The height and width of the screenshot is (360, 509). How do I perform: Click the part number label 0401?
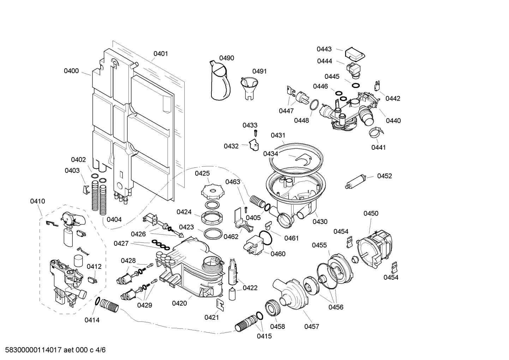point(161,54)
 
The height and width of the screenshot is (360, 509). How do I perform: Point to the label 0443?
point(324,49)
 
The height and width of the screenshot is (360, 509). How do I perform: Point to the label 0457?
point(312,326)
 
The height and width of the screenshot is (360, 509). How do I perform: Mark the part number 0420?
point(179,303)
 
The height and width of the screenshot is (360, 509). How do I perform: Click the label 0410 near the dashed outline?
point(37,201)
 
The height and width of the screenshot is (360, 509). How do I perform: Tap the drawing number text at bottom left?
point(53,350)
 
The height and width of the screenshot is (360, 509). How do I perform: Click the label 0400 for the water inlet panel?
point(71,71)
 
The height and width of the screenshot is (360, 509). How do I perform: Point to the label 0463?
point(233,182)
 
